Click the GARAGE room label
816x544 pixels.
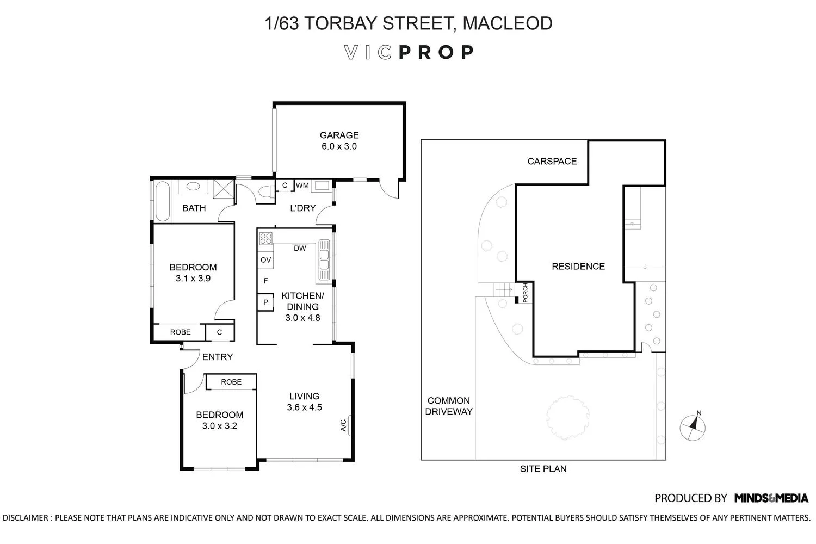click(x=339, y=135)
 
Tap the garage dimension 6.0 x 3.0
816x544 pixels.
click(x=339, y=146)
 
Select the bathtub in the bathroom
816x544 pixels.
click(x=162, y=201)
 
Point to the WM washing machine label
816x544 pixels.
click(x=302, y=186)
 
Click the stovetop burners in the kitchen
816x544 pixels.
click(x=265, y=238)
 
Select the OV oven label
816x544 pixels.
click(x=265, y=260)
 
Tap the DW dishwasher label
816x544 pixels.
click(x=300, y=249)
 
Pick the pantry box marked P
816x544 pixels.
click(x=265, y=302)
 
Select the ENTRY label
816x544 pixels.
click(x=218, y=357)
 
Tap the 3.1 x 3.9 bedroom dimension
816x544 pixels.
click(x=193, y=279)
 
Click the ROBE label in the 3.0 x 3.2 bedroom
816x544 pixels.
click(x=231, y=382)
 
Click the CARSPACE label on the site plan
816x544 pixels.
click(x=552, y=161)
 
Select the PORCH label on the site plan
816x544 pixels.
click(x=525, y=293)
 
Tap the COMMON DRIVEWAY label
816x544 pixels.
click(x=449, y=406)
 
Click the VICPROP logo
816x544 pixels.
click(x=409, y=52)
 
